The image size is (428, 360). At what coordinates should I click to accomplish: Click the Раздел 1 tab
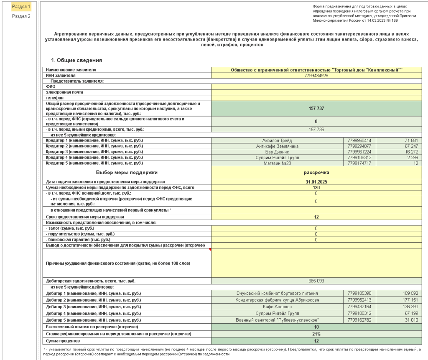pos(21,7)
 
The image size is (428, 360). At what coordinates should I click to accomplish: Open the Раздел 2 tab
pos(21,16)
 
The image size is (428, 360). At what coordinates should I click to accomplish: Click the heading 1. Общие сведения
pos(76,60)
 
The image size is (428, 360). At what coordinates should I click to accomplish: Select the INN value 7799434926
pos(316,76)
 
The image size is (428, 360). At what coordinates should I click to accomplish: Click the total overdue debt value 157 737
pos(316,108)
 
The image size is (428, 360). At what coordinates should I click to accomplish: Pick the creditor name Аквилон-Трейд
pos(277,140)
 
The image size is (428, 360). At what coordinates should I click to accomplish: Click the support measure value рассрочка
pos(316,172)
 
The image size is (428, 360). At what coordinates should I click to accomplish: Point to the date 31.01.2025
pos(316,182)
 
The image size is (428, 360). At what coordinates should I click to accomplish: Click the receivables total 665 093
pos(316,281)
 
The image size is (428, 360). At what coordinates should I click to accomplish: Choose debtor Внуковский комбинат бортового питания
pos(277,294)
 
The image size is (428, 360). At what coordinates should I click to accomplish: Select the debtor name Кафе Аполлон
pos(277,307)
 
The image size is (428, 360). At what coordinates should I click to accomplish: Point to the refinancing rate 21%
pos(316,334)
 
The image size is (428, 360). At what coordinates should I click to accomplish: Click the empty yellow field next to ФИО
pos(316,86)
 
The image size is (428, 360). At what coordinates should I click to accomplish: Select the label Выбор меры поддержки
pos(127,172)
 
